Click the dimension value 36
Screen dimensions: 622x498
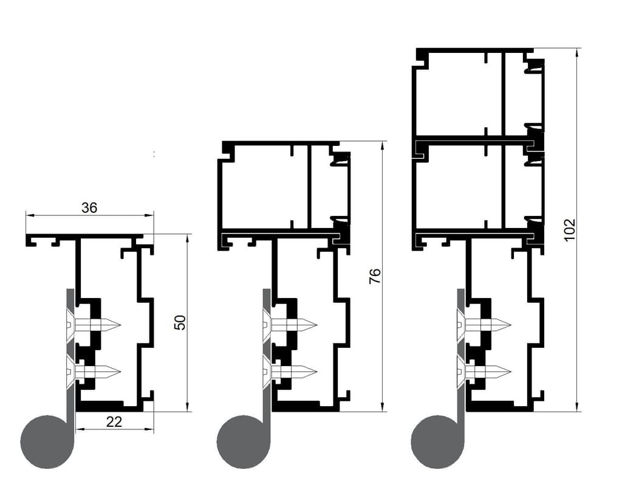[89, 207]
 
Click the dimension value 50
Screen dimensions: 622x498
[180, 322]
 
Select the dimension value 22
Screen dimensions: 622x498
[114, 422]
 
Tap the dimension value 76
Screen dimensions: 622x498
[375, 275]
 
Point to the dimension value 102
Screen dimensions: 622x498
[569, 229]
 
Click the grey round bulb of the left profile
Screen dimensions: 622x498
[47, 441]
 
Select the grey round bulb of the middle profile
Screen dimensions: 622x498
[243, 441]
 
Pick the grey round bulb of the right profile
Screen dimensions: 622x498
[437, 441]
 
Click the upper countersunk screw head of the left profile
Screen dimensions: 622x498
[70, 325]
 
